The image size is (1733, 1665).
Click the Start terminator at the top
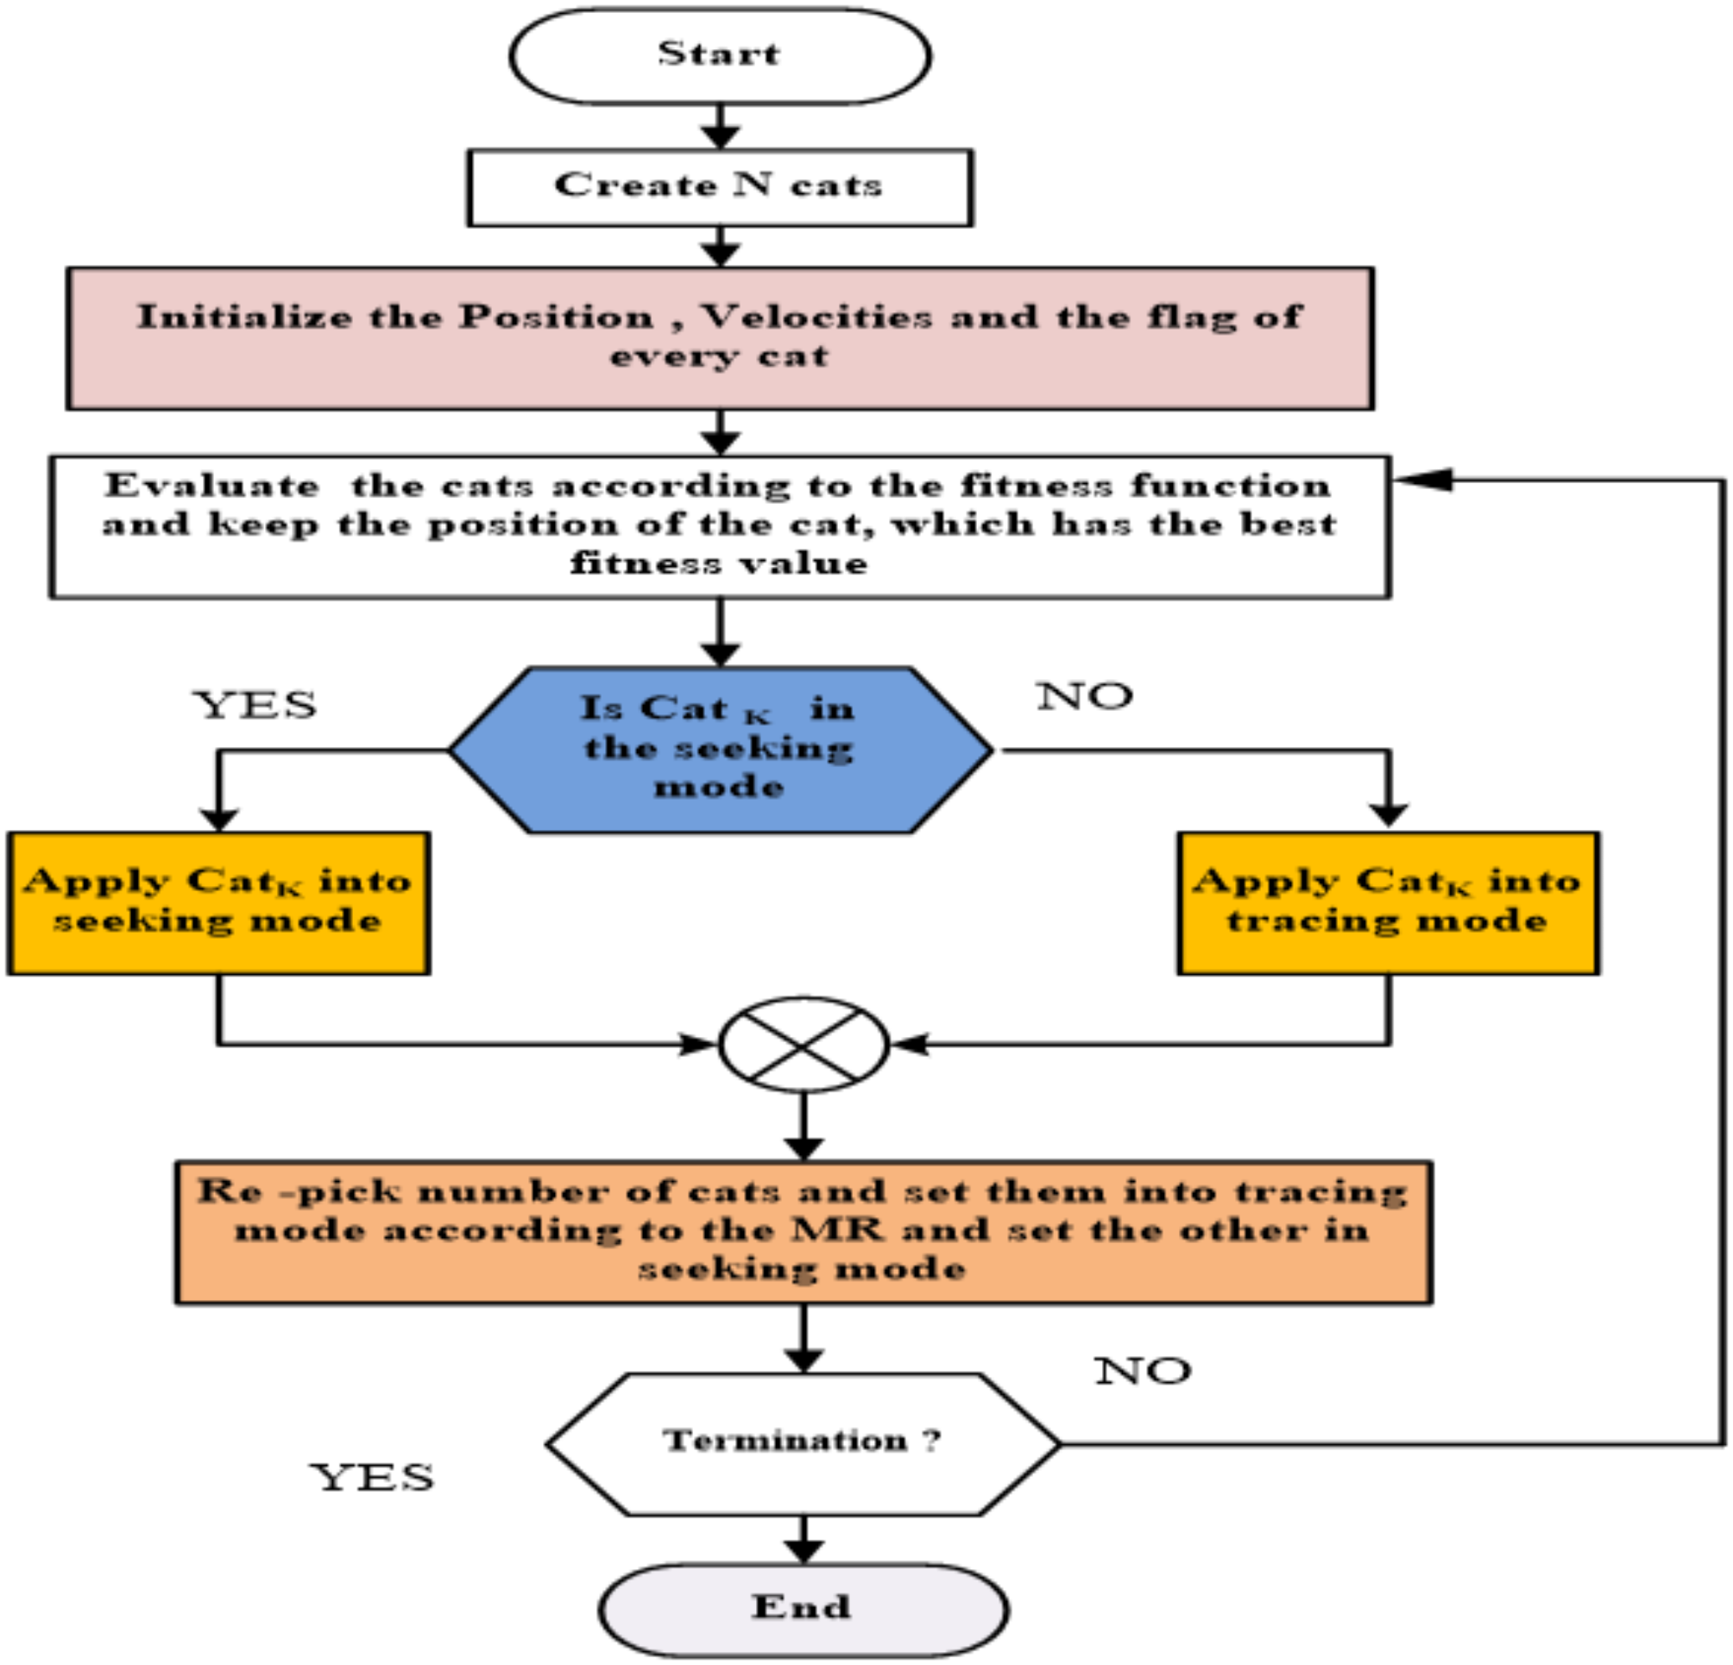point(720,56)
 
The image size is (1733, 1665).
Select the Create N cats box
point(720,187)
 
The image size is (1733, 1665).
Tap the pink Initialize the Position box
point(720,338)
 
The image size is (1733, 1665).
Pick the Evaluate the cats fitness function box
point(720,527)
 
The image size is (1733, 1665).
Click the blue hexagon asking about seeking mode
point(720,751)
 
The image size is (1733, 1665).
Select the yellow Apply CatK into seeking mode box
point(218,903)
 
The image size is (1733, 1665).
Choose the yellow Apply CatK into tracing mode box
point(1388,903)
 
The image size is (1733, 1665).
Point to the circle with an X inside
point(803,1046)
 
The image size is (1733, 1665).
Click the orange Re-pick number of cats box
point(803,1233)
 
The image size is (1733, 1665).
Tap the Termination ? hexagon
point(803,1444)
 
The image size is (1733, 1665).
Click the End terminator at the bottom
point(803,1609)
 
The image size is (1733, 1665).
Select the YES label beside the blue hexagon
point(255,705)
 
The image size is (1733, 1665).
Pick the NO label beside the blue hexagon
point(1085,696)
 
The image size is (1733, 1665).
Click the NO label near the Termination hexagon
point(1144,1371)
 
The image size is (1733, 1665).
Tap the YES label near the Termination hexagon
point(372,1477)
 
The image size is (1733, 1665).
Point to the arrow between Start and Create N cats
point(720,126)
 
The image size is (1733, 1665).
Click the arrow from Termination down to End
point(803,1541)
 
